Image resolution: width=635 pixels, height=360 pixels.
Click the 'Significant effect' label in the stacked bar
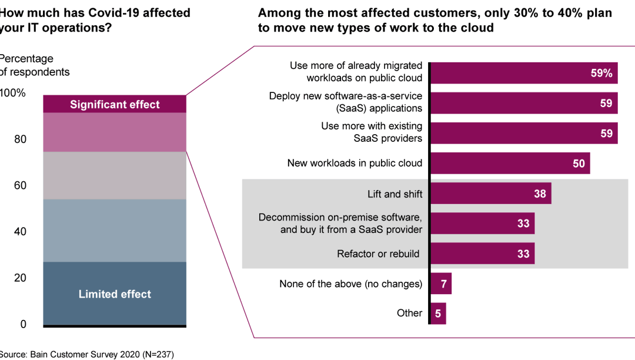point(115,105)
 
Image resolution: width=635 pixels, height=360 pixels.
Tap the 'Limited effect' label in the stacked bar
point(115,294)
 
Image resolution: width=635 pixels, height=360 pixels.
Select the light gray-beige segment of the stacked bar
point(115,175)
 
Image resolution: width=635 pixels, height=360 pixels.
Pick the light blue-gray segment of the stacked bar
point(115,231)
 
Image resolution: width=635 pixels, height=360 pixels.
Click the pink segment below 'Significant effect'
point(115,132)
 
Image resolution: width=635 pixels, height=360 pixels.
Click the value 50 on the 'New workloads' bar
point(579,164)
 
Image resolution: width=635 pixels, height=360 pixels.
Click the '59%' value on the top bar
point(601,74)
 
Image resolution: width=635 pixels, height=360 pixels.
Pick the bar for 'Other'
point(438,314)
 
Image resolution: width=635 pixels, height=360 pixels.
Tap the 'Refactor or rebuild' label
point(378,254)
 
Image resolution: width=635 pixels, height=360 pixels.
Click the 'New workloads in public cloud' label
point(355,163)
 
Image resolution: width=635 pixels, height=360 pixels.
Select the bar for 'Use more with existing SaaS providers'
point(523,133)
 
